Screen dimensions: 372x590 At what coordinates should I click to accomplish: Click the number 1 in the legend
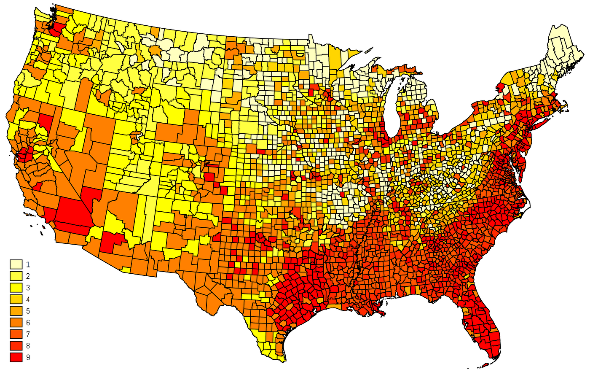[28, 264]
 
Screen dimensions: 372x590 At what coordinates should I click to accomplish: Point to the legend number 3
[28, 288]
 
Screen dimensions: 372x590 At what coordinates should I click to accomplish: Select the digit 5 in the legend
[28, 311]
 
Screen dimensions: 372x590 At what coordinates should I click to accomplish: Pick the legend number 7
[28, 334]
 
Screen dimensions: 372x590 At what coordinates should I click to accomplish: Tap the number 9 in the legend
[28, 357]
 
